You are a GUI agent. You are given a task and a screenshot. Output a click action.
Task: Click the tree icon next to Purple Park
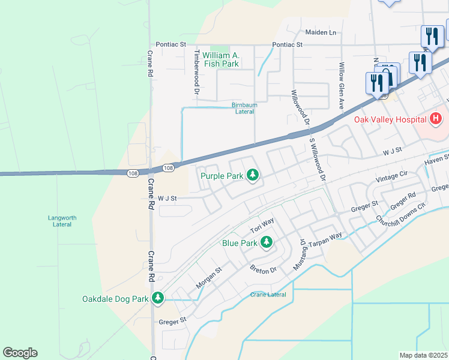(x=253, y=175)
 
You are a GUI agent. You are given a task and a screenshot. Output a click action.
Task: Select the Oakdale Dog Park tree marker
(x=158, y=298)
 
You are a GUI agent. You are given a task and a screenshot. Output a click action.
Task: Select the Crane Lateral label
(x=268, y=295)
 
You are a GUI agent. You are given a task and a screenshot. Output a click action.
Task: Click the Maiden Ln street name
(x=321, y=32)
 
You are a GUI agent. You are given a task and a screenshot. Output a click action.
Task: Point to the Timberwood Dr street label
(x=196, y=71)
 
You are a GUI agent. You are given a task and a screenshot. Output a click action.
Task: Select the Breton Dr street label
(x=263, y=269)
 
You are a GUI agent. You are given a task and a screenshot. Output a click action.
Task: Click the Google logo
(x=20, y=353)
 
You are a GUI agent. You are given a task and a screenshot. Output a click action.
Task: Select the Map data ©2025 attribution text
(x=423, y=355)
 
